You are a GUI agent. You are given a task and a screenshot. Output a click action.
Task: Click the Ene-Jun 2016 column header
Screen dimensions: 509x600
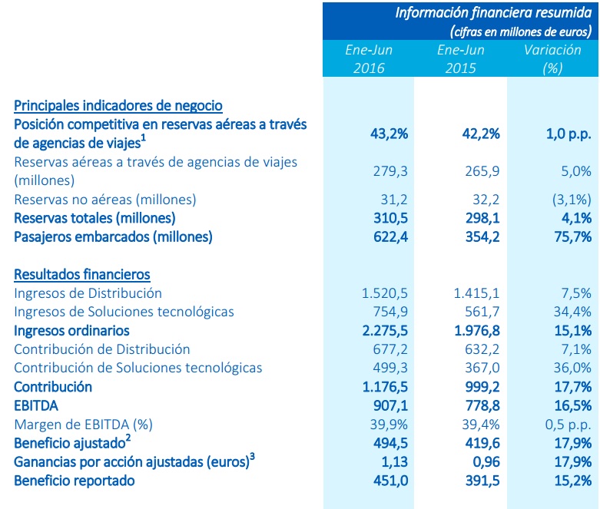click(369, 59)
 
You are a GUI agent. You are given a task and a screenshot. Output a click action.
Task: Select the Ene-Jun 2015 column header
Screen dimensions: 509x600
click(460, 59)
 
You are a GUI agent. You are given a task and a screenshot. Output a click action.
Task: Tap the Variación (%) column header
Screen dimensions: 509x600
click(552, 59)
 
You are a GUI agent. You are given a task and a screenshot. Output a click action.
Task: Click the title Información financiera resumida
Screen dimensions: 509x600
click(493, 12)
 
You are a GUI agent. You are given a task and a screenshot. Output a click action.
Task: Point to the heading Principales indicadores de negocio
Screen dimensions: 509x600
click(118, 106)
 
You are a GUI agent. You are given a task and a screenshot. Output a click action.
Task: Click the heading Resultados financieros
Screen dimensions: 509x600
click(82, 274)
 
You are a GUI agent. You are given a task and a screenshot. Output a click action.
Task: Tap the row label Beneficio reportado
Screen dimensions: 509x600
click(75, 481)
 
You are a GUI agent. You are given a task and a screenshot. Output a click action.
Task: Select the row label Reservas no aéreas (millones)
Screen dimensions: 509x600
click(105, 199)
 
